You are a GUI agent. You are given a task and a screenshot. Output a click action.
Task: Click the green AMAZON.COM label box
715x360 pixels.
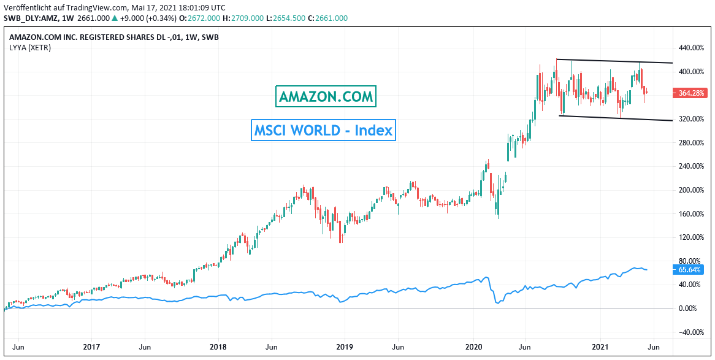(x=326, y=97)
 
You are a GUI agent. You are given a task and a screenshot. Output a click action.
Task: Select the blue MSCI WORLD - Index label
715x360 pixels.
(x=323, y=130)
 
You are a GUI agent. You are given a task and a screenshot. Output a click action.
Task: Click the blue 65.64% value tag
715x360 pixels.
(x=690, y=270)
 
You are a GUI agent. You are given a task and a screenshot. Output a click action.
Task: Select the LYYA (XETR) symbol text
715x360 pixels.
(x=30, y=47)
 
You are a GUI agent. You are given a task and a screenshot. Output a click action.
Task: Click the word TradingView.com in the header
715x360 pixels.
(x=95, y=7)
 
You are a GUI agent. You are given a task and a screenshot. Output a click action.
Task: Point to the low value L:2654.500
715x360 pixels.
(x=289, y=18)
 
